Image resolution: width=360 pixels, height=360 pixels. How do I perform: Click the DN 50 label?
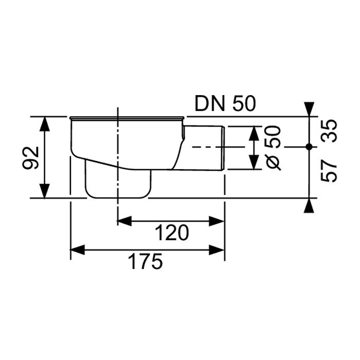click(225, 104)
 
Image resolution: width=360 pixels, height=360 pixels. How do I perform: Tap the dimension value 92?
click(30, 157)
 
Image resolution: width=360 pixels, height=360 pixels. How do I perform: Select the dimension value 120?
click(172, 233)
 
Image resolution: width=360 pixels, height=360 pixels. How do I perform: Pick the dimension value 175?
click(146, 261)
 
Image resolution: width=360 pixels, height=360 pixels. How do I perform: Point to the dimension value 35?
click(329, 131)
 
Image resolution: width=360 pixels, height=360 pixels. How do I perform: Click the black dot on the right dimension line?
click(309, 147)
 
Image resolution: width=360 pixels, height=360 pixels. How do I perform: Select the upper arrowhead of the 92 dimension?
click(45, 124)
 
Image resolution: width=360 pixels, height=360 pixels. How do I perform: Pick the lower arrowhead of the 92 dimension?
click(45, 191)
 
